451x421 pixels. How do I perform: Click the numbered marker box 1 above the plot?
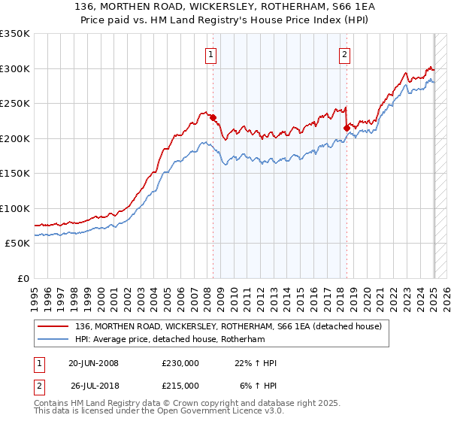point(210,53)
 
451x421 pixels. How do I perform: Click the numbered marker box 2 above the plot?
point(344,53)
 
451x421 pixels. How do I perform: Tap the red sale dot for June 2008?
point(213,117)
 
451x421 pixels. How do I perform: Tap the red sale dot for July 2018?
point(347,128)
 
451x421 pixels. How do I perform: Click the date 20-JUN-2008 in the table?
point(93,363)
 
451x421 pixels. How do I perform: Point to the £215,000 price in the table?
point(180,386)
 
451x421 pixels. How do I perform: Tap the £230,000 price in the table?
point(180,363)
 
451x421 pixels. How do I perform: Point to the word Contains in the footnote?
point(53,403)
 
